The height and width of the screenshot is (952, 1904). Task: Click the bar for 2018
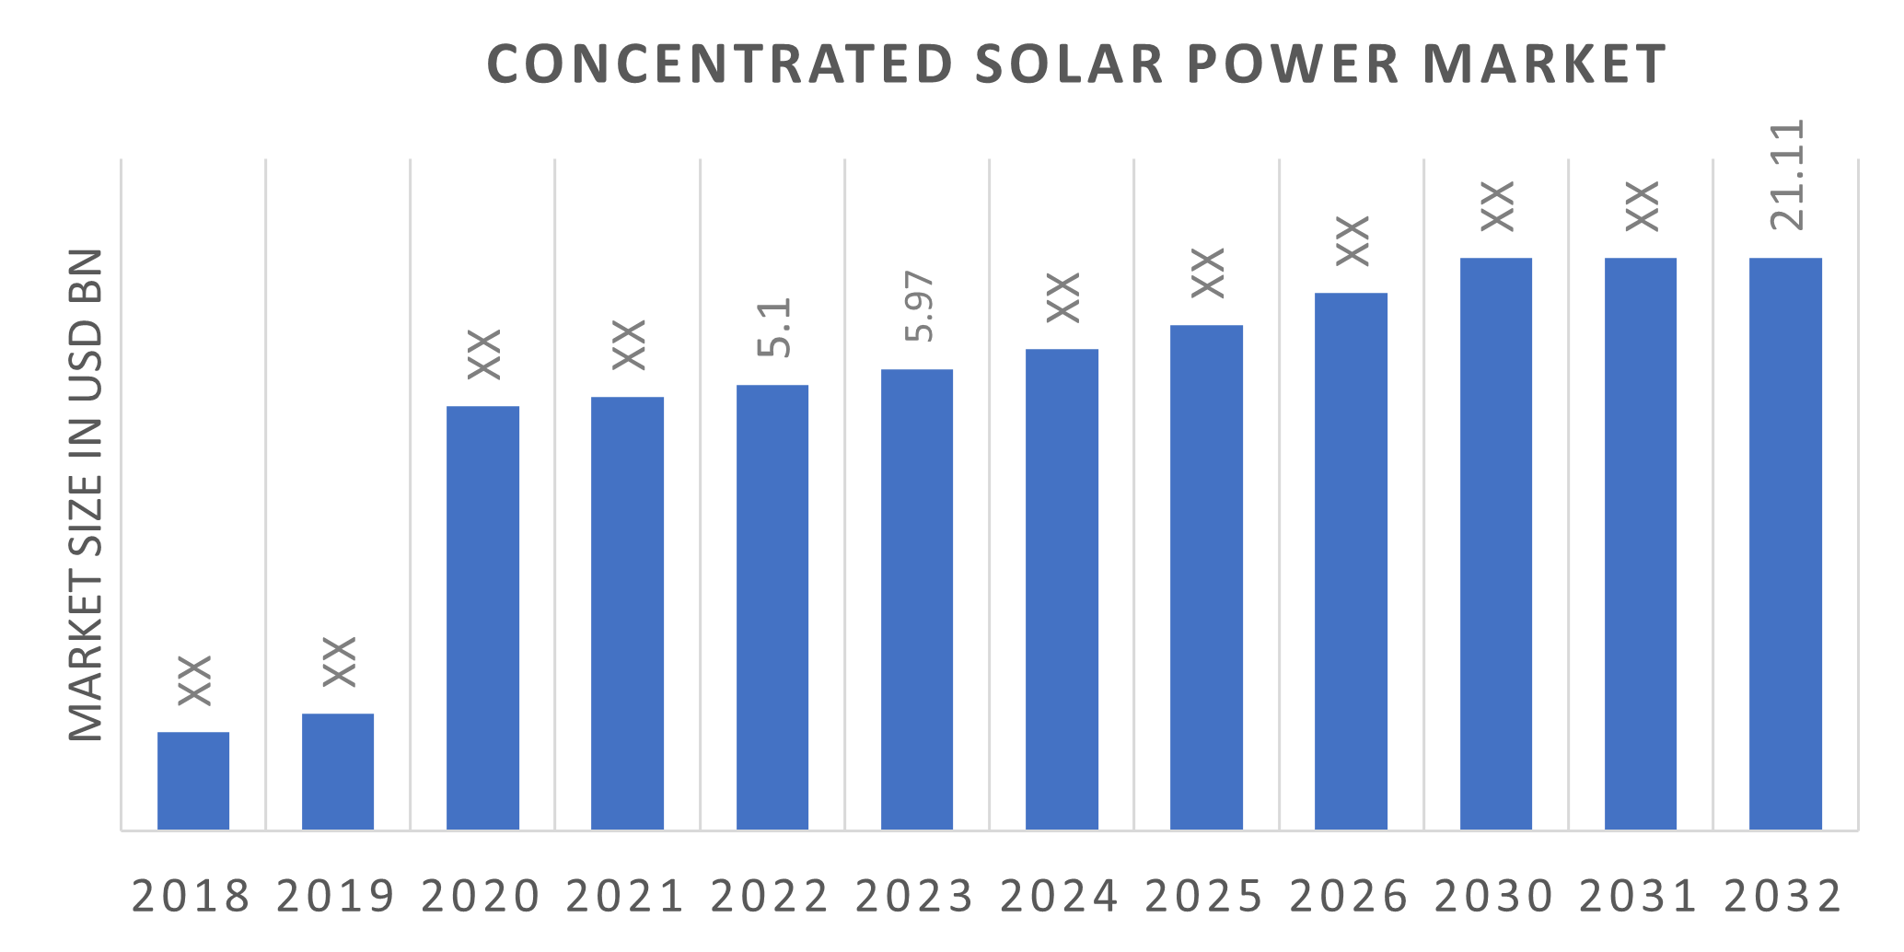(x=193, y=781)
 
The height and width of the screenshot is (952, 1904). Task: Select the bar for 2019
(x=338, y=772)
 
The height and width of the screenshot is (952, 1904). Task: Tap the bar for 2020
(x=483, y=618)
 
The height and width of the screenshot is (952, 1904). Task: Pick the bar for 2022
(x=772, y=607)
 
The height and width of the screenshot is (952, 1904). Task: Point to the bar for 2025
(x=1207, y=577)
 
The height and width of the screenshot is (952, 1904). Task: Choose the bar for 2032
(x=1785, y=543)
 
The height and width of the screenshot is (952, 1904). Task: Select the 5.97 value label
(x=919, y=308)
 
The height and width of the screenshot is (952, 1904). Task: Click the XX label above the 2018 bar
(x=194, y=680)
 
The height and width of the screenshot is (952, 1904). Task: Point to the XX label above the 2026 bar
(x=1353, y=240)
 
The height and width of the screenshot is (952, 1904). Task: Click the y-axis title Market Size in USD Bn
(x=87, y=494)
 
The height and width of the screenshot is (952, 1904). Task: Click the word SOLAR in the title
(x=1070, y=64)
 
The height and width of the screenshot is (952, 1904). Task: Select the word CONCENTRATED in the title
(x=719, y=64)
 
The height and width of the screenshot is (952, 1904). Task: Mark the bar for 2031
(x=1641, y=543)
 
